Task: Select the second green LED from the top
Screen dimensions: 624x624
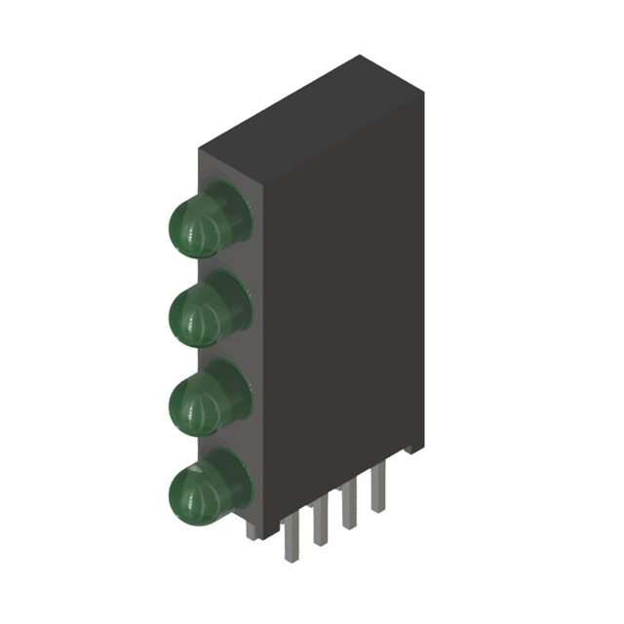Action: tap(197, 314)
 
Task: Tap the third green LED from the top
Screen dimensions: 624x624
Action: tap(197, 401)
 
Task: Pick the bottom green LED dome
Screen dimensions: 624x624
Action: tap(197, 490)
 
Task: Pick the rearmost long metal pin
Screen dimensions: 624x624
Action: tap(377, 492)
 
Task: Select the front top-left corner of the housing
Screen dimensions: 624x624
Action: tap(200, 148)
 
